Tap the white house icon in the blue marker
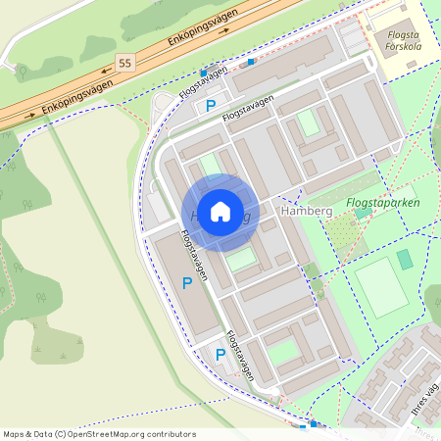point(220,212)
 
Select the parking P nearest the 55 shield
point(209,106)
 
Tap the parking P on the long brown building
point(187,283)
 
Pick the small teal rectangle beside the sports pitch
point(404,260)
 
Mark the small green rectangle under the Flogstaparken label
point(364,212)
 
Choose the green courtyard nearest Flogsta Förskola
point(309,122)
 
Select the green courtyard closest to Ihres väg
point(283,352)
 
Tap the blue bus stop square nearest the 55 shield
point(204,73)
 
